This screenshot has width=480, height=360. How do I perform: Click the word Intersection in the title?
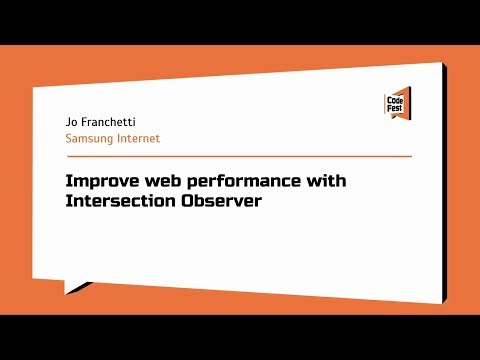(117, 202)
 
